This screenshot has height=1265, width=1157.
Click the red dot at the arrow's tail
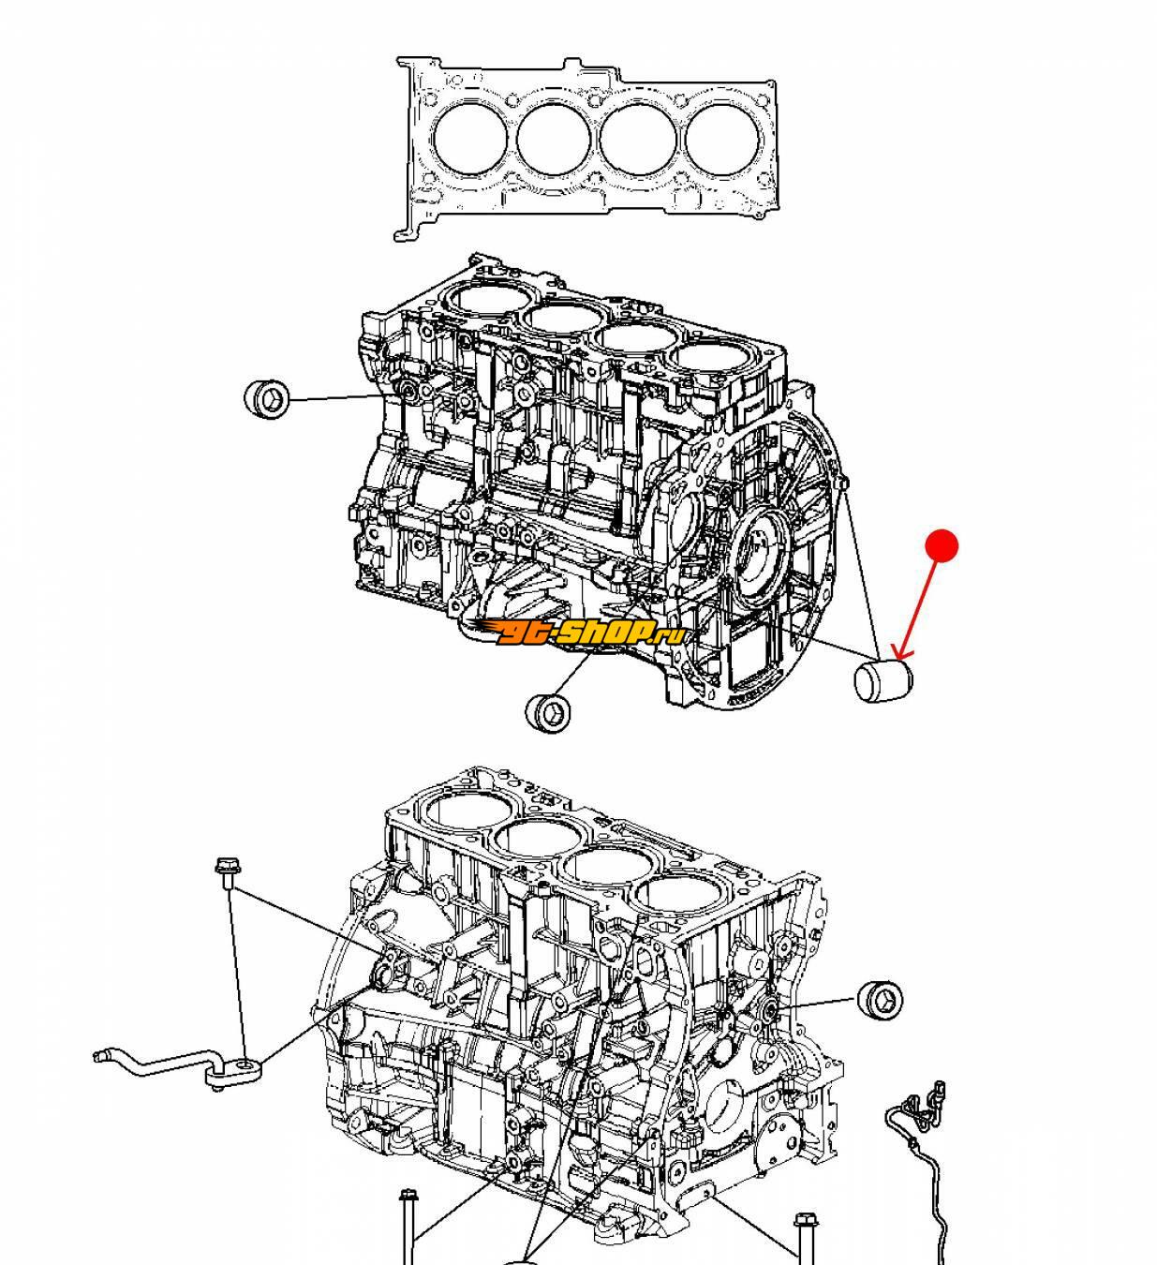pyautogui.click(x=942, y=545)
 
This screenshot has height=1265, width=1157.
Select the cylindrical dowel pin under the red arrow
pyautogui.click(x=883, y=680)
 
